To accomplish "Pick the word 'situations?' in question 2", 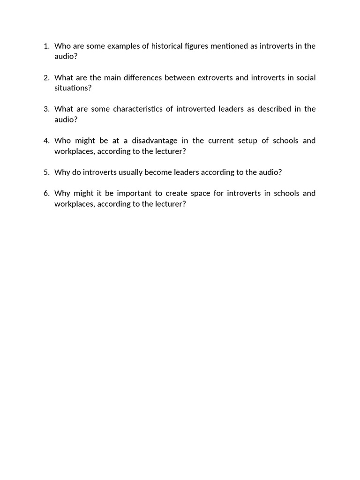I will [x=73, y=88].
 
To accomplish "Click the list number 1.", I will [x=46, y=46].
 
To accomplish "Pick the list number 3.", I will [x=46, y=109].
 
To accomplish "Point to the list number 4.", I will [x=46, y=141].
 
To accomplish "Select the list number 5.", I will [x=46, y=172].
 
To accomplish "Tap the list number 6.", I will [x=46, y=193].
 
